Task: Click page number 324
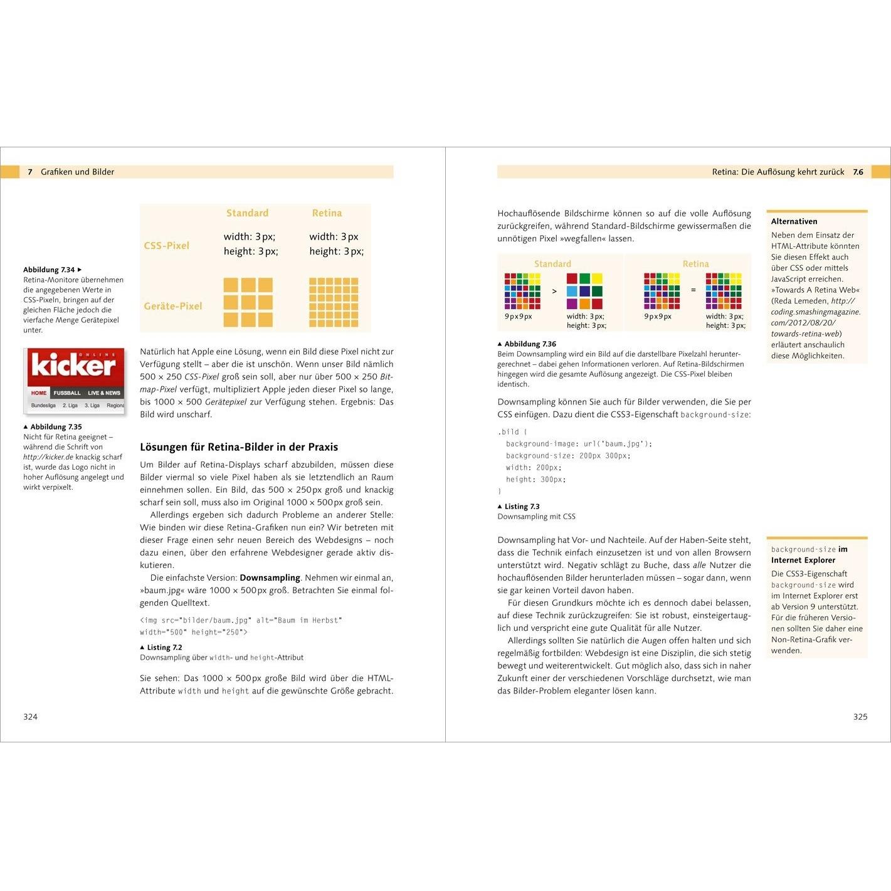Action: click(x=31, y=717)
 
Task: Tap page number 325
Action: click(x=860, y=717)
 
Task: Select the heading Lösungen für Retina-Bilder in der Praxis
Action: click(x=239, y=447)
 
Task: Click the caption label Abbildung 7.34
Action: click(x=50, y=270)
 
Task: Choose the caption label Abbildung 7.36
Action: click(x=530, y=344)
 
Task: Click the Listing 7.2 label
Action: click(x=164, y=648)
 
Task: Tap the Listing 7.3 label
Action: click(x=522, y=507)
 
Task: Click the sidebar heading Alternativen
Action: click(x=794, y=221)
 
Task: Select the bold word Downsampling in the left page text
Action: click(x=270, y=577)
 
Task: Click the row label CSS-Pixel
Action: click(x=166, y=246)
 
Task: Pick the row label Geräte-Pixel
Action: click(x=173, y=306)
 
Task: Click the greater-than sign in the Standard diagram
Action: click(x=554, y=291)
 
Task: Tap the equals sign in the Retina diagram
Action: click(x=693, y=290)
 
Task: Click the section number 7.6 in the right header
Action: click(x=858, y=172)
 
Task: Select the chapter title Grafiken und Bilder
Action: click(x=77, y=172)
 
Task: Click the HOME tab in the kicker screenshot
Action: click(x=39, y=393)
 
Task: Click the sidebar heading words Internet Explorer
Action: click(x=803, y=561)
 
